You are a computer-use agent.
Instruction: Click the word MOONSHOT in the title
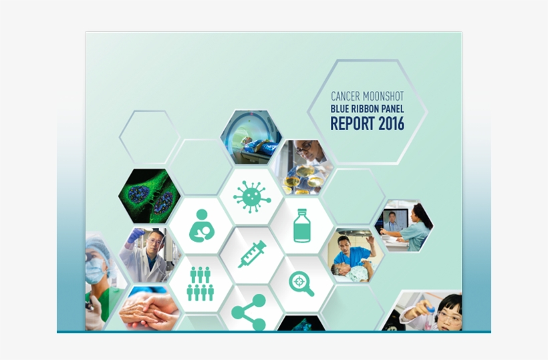pos(383,96)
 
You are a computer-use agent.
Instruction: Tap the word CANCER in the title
pos(345,96)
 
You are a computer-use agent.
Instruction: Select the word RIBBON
pos(365,109)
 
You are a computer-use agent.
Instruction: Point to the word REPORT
pos(352,124)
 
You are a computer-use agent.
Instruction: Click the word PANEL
pos(393,109)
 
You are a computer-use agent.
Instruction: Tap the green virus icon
pos(252,197)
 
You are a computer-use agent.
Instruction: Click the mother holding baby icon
pos(202,226)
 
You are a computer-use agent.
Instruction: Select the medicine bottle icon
pos(301,226)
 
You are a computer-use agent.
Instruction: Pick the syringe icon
pos(252,254)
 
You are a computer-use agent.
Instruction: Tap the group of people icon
pos(200,284)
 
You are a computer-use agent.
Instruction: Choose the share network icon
pos(249,312)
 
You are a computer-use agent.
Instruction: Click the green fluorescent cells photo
pos(150,196)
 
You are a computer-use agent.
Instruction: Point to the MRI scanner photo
pos(251,137)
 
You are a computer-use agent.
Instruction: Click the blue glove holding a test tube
pos(136,235)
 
